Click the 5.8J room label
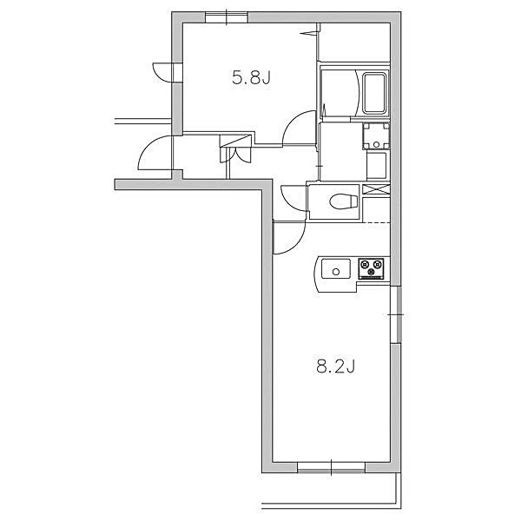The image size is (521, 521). (x=251, y=79)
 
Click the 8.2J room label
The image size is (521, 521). (x=336, y=367)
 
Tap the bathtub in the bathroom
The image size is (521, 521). (x=375, y=93)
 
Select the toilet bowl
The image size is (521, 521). (x=343, y=201)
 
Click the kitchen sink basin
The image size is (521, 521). (x=335, y=269)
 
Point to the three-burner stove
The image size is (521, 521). (x=371, y=268)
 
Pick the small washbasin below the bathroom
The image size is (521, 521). (x=376, y=136)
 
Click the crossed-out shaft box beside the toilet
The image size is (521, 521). (x=376, y=189)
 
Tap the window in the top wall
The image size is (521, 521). (x=226, y=17)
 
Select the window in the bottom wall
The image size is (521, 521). (x=332, y=467)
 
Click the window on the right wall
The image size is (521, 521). (x=395, y=314)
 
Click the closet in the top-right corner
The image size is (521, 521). (x=354, y=42)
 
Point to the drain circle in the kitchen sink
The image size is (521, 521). (x=335, y=272)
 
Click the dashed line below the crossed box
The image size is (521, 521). (x=377, y=222)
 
